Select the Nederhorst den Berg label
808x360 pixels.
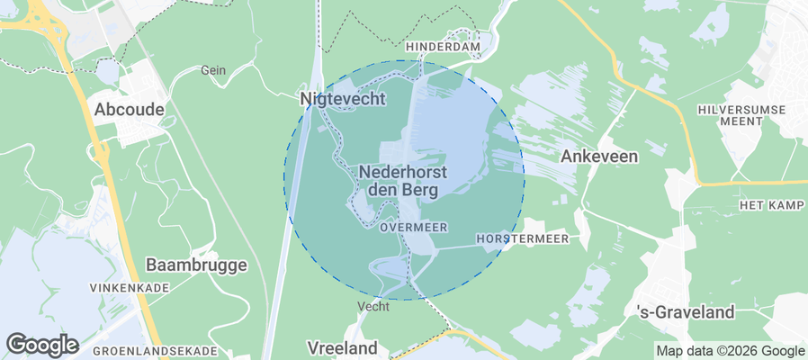coord(403,180)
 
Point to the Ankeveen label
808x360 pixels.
coord(599,156)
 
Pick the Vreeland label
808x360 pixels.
coord(342,347)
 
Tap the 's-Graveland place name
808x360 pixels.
coord(686,312)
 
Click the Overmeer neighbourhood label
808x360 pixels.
coord(414,228)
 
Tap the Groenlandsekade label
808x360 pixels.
coord(155,350)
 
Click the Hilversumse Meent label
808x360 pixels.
coord(742,117)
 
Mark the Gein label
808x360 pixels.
coord(212,69)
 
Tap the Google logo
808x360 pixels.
coord(41,344)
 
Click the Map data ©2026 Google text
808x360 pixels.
coord(730,351)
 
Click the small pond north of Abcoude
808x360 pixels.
coord(107,71)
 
